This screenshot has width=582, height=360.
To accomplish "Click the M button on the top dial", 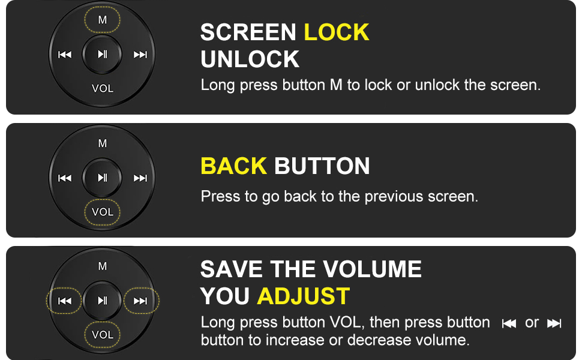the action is click(x=103, y=20).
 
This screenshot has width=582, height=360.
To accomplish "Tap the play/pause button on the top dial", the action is click(x=102, y=54).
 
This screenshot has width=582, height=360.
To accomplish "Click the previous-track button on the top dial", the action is click(x=65, y=55).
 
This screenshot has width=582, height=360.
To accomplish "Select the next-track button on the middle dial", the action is click(x=140, y=178).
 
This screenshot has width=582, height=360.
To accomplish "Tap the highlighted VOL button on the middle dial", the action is click(x=103, y=212).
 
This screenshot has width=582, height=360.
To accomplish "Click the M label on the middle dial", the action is click(x=103, y=143).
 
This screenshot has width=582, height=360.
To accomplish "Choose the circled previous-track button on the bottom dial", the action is click(x=64, y=301).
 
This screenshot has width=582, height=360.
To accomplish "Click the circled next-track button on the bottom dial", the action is click(x=141, y=301).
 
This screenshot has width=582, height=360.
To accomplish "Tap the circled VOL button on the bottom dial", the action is click(x=103, y=335).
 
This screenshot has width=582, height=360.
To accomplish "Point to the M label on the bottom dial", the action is click(x=103, y=266).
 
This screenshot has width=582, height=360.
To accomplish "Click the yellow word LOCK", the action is click(x=337, y=32).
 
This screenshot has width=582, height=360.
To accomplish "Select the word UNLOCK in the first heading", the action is click(x=250, y=59).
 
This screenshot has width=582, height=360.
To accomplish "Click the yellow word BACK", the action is click(x=234, y=166).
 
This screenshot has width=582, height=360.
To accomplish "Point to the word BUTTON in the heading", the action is click(x=322, y=166).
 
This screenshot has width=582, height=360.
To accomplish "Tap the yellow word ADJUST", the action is click(x=304, y=296).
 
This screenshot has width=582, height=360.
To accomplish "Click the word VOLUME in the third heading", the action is click(x=372, y=269).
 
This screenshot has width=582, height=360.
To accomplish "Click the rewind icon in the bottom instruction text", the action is click(x=509, y=323).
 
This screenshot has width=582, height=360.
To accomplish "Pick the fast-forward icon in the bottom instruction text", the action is click(x=554, y=323).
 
